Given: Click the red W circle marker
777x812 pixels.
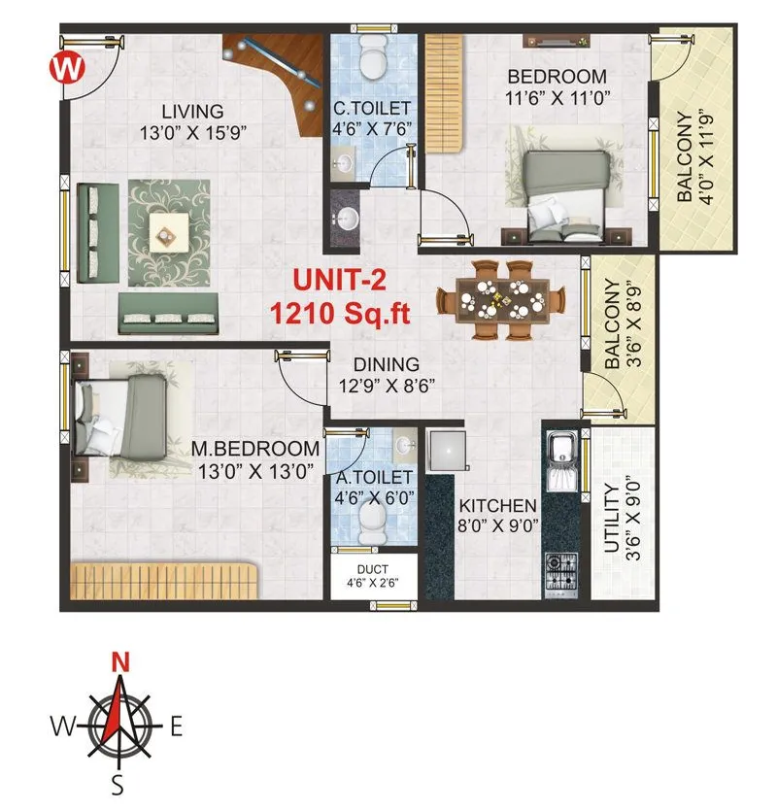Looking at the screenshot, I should point(66,68).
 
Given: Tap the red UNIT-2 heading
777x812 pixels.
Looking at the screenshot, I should point(340,282).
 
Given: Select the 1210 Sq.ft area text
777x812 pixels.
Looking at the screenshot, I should point(340,313).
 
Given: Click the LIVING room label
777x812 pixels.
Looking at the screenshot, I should point(192,111).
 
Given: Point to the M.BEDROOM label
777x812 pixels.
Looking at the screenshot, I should point(255,449).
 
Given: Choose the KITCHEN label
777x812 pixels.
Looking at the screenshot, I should point(497,506).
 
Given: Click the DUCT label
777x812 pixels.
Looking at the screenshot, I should point(373,570).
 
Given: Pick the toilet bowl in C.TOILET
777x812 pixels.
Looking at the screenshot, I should point(371,58).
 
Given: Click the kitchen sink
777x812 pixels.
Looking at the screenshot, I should point(561,452).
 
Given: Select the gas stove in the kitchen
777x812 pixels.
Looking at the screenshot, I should point(561,572).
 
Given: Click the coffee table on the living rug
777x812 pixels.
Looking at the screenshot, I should point(168,230).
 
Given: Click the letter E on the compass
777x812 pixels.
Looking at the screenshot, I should point(176,727).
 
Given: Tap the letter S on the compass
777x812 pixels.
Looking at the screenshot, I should point(118,785).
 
